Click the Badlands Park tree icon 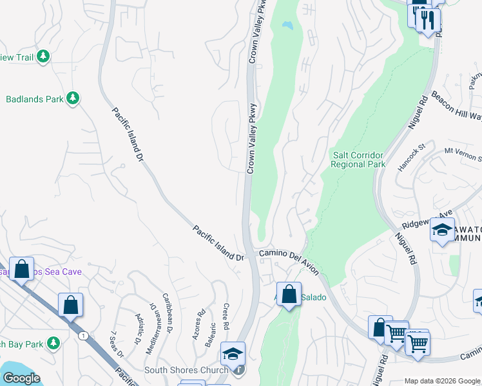click(x=73, y=98)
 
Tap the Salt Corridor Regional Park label click(x=358, y=160)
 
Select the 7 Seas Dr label click(x=117, y=343)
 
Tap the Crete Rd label click(x=226, y=315)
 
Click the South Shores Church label click(x=186, y=370)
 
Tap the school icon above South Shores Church click(x=233, y=353)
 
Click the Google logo click(x=21, y=378)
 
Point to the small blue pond click(x=286, y=26)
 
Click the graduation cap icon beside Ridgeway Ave click(x=442, y=230)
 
